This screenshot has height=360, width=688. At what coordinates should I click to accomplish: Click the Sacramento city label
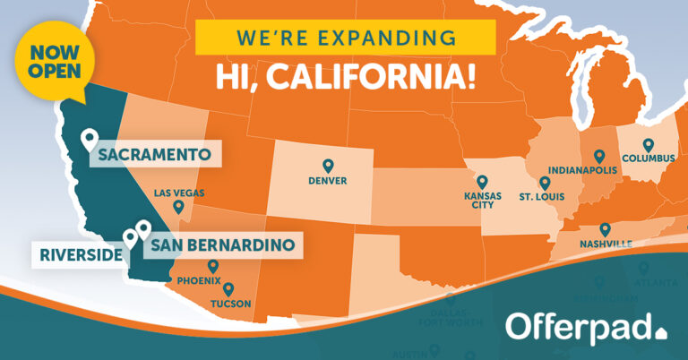(x=156, y=154)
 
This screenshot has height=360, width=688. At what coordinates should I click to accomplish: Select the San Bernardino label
(x=222, y=244)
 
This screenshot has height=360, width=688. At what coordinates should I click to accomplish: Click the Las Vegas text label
(x=179, y=193)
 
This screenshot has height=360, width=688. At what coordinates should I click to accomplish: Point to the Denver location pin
(x=328, y=166)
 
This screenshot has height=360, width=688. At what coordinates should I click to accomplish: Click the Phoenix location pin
(x=213, y=266)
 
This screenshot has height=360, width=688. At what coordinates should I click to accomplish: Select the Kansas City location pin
(x=481, y=182)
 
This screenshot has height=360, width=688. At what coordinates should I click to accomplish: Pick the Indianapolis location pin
(x=599, y=156)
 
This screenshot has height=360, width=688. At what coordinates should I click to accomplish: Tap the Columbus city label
(x=647, y=159)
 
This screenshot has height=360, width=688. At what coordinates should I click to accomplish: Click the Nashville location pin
(x=605, y=230)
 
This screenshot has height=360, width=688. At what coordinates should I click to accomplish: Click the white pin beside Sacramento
(x=90, y=140)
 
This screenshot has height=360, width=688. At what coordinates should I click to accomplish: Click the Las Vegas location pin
(x=179, y=207)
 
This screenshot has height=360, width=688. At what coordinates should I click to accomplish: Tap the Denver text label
(x=327, y=181)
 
